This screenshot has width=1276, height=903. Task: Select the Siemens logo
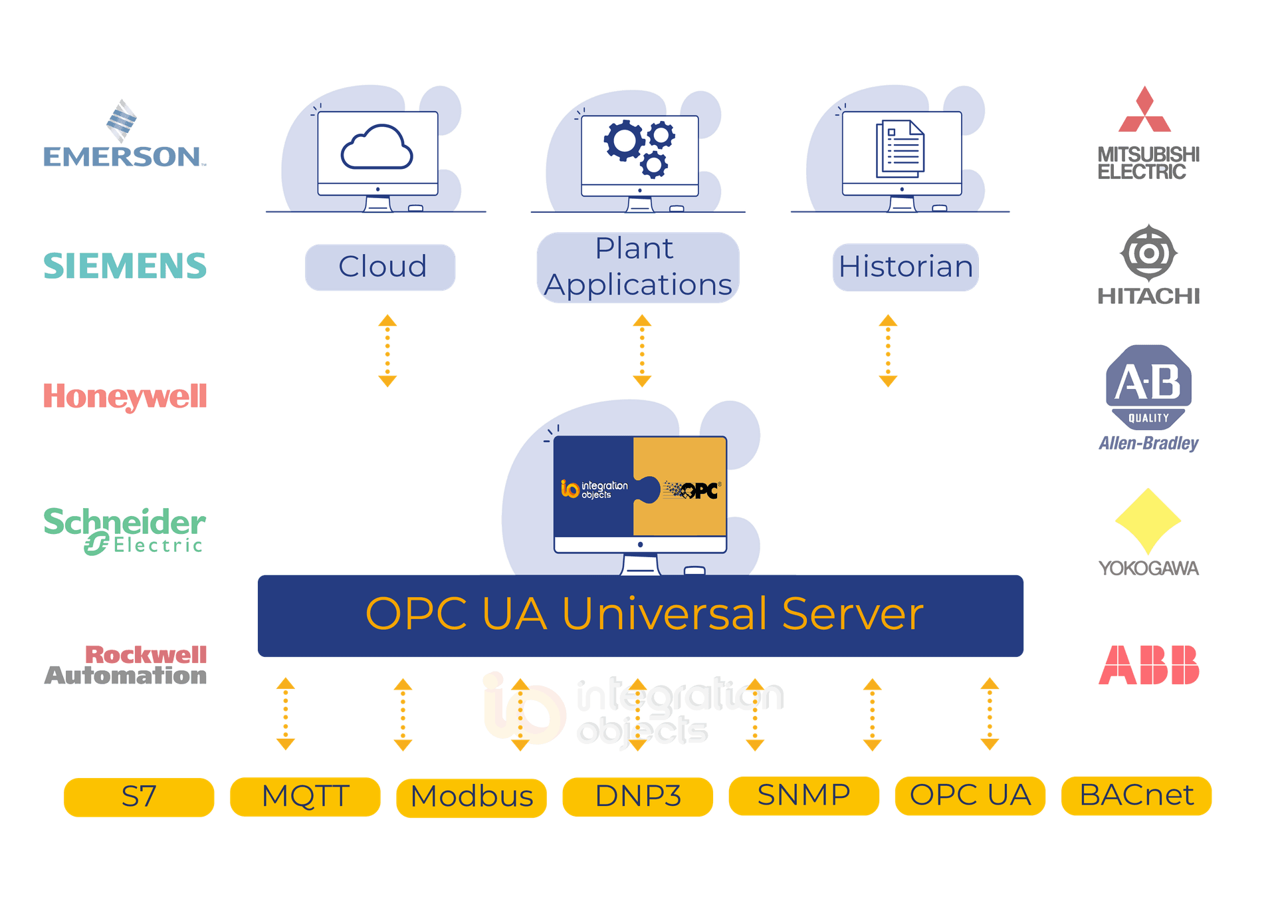coord(125,265)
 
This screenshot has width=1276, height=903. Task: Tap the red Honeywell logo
coord(125,396)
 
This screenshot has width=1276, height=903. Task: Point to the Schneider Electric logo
coord(125,530)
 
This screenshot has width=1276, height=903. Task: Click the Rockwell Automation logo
coord(126,665)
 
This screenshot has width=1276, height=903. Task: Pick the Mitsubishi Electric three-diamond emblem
coord(1144,111)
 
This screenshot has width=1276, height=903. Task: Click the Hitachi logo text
coord(1148,296)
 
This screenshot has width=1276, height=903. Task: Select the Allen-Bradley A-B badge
coord(1148,386)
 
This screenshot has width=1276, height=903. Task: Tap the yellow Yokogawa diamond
coord(1148,521)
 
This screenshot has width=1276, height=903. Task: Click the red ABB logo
coord(1148,664)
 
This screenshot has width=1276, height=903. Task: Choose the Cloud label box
coord(381,267)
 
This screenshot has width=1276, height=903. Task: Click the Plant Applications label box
coord(637,267)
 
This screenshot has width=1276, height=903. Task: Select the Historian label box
coord(905,267)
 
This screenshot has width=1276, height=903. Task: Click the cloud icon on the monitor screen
coord(377,148)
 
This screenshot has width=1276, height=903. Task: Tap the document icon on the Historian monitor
coord(900,149)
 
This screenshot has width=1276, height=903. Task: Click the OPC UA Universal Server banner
coord(641,615)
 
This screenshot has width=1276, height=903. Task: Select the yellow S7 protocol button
coord(139,797)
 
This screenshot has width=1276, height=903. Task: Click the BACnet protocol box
coord(1136,795)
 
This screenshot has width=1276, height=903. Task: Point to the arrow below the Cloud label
coord(387,350)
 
